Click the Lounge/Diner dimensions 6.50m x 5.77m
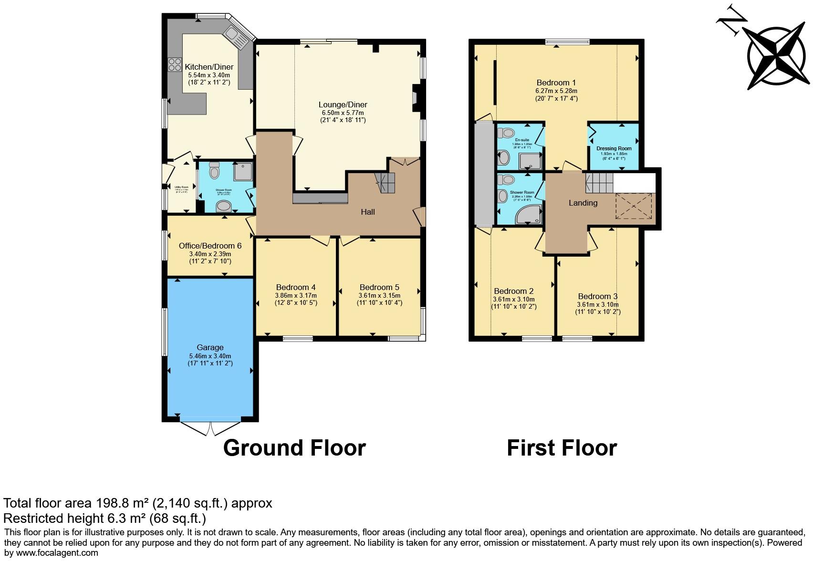click(343, 113)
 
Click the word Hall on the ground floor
click(367, 212)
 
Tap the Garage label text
click(210, 348)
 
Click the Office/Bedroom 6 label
click(210, 246)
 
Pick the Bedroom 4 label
click(296, 287)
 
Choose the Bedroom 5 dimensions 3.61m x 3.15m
click(380, 295)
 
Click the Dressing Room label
click(614, 148)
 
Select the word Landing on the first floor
click(583, 203)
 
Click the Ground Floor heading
click(294, 448)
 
